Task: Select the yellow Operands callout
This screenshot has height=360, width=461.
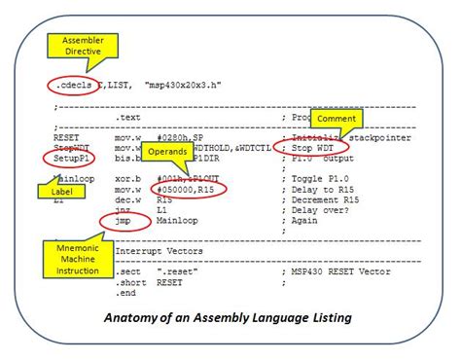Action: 166,152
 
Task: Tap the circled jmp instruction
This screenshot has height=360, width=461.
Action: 124,222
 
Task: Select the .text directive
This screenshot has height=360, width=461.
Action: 128,117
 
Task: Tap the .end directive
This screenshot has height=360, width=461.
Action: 124,292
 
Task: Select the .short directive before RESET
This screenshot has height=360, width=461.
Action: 128,283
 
